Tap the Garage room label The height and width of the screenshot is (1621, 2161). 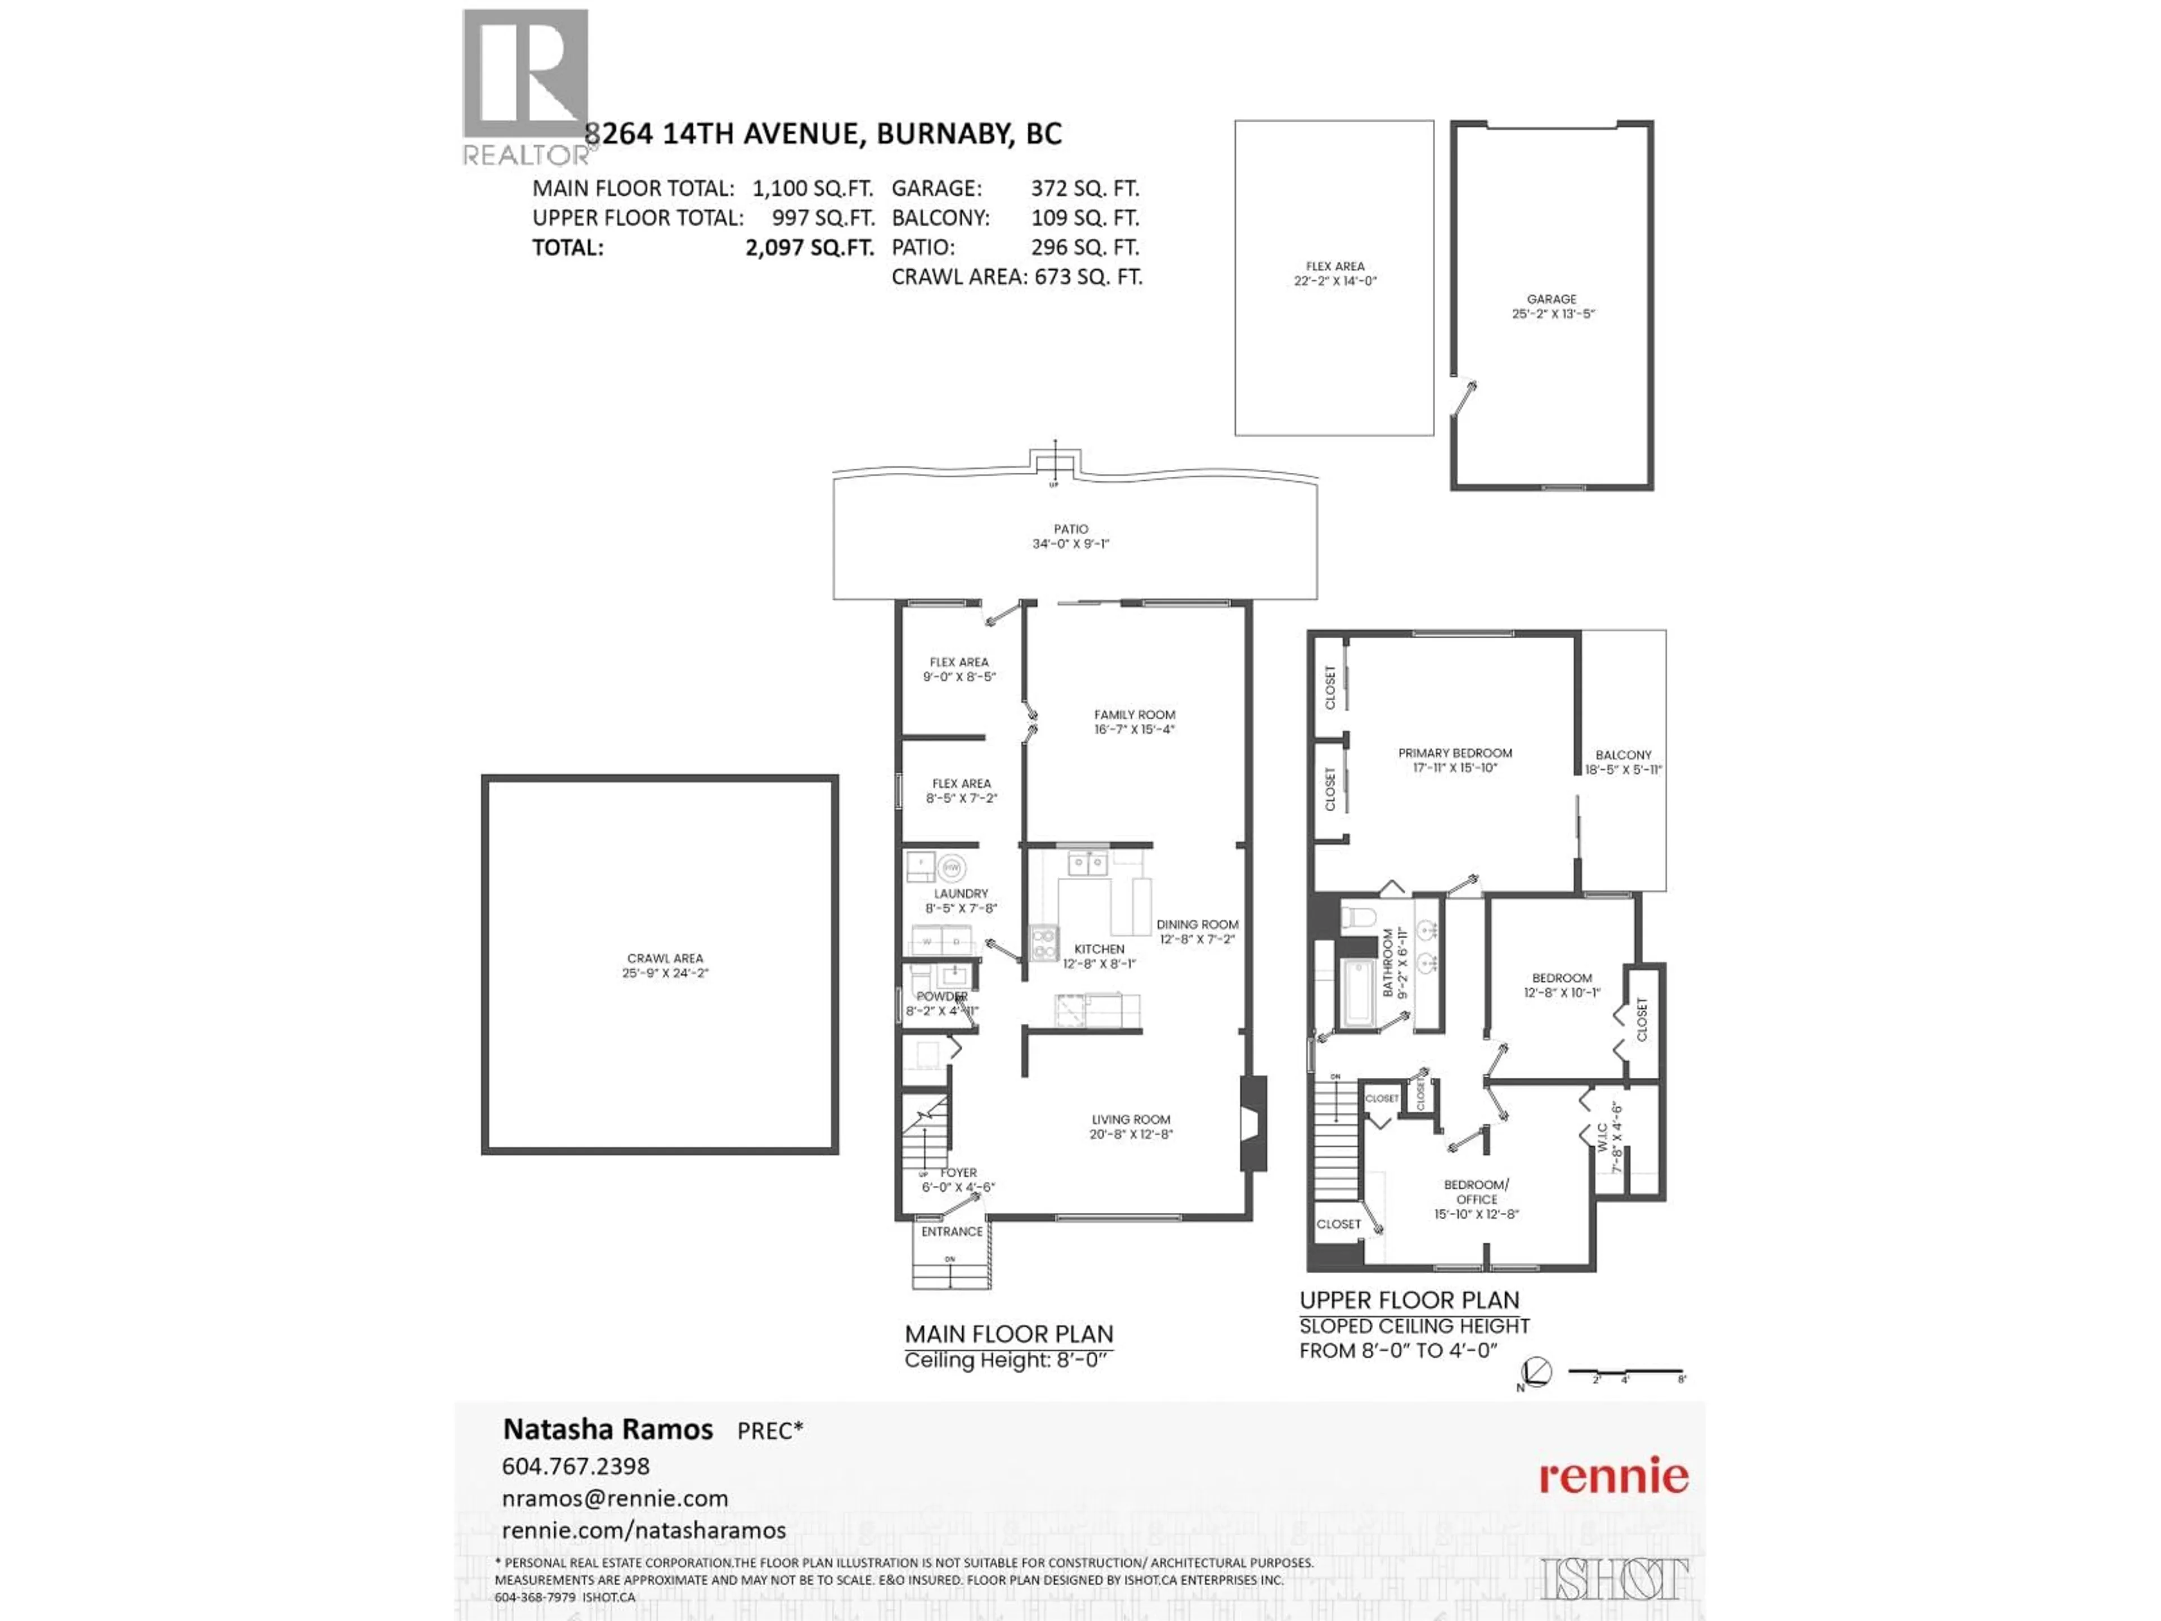tap(1552, 306)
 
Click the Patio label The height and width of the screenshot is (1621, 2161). tap(1071, 535)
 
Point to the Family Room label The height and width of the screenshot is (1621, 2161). tap(1134, 721)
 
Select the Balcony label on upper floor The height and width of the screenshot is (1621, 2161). tap(1622, 761)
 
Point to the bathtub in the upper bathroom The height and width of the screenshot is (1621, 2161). tap(1360, 993)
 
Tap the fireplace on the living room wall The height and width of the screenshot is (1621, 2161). tap(1253, 1123)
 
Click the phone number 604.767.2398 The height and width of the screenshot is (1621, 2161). tap(575, 1466)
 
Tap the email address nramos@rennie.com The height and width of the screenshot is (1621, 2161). tap(615, 1498)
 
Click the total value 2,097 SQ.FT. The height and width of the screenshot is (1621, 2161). tap(809, 247)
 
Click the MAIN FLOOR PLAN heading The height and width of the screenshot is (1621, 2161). tap(1008, 1334)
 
